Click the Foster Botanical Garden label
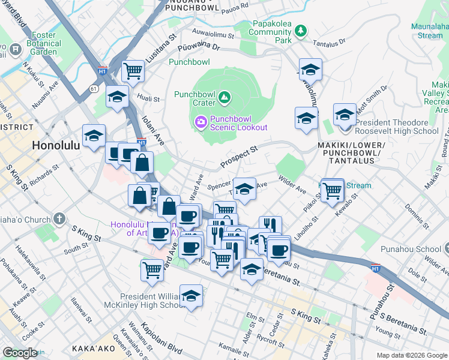44,44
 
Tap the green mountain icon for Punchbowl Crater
224,95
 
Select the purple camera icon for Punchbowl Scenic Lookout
200,122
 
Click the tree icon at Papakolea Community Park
301,29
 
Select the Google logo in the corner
20,353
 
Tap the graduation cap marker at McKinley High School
191,296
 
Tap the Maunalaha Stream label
430,31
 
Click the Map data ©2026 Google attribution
411,355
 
